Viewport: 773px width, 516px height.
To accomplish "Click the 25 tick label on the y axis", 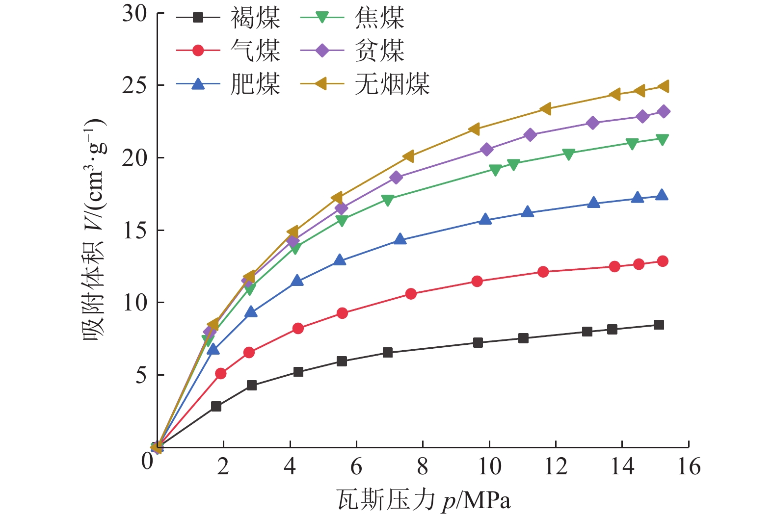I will [x=134, y=85].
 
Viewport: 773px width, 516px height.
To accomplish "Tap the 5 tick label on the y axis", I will [x=141, y=375].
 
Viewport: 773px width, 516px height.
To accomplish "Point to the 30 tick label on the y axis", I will [x=134, y=13].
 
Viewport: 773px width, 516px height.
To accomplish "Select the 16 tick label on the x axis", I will [x=689, y=466].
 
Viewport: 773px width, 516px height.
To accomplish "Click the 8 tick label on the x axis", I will [x=423, y=466].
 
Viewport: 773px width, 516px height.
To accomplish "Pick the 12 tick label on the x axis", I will [x=556, y=466].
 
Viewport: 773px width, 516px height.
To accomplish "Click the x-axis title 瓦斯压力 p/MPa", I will [x=424, y=500].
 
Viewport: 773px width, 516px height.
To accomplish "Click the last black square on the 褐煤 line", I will [x=659, y=325].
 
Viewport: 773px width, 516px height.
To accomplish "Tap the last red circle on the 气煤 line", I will [x=663, y=261].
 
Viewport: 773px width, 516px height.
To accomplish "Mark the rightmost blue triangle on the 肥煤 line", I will [x=662, y=195].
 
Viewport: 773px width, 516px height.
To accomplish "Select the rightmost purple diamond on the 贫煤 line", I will [x=664, y=112].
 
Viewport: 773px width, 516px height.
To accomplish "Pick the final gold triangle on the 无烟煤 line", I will [x=663, y=86].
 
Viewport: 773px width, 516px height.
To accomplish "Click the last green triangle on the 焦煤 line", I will [x=662, y=140].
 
